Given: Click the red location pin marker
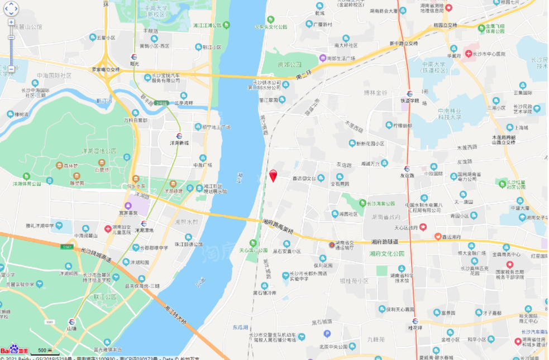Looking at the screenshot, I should [273, 175].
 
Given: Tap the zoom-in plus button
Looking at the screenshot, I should [11, 23].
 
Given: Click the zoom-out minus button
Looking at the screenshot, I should [11, 69].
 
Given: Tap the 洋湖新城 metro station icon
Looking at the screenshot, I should [179, 136].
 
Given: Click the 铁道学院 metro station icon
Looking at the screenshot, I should [410, 94].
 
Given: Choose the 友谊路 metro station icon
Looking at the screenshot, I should [407, 169].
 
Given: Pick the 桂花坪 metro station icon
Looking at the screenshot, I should [414, 321].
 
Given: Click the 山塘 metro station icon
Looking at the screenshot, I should [71, 321].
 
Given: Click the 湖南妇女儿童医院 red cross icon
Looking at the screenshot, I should [108, 228].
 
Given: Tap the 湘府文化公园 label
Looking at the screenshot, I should [386, 253].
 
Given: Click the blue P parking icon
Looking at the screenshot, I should [327, 334].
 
